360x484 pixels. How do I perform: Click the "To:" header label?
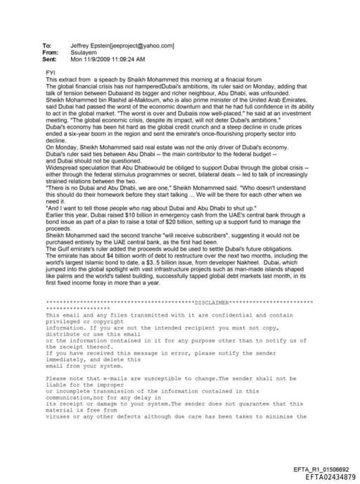pyautogui.click(x=47, y=46)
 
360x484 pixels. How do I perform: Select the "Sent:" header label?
pyautogui.click(x=49, y=59)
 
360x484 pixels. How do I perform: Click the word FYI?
pyautogui.click(x=50, y=72)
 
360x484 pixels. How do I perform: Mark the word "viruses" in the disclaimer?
pyautogui.click(x=58, y=416)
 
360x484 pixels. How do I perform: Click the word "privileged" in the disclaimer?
pyautogui.click(x=62, y=321)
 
